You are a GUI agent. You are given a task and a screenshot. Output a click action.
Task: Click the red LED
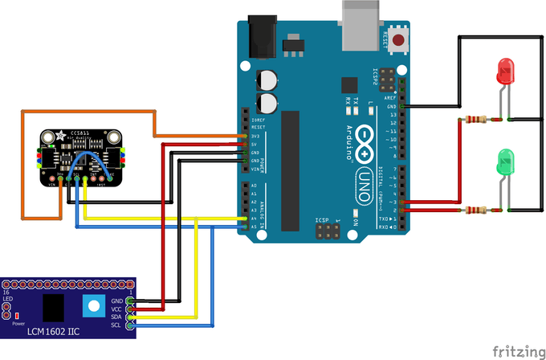click(x=504, y=72)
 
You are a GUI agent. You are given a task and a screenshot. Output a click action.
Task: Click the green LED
click(x=504, y=162)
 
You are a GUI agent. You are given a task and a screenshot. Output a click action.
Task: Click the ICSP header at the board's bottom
click(x=328, y=232)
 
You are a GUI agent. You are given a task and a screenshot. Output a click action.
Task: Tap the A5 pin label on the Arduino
click(x=254, y=227)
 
